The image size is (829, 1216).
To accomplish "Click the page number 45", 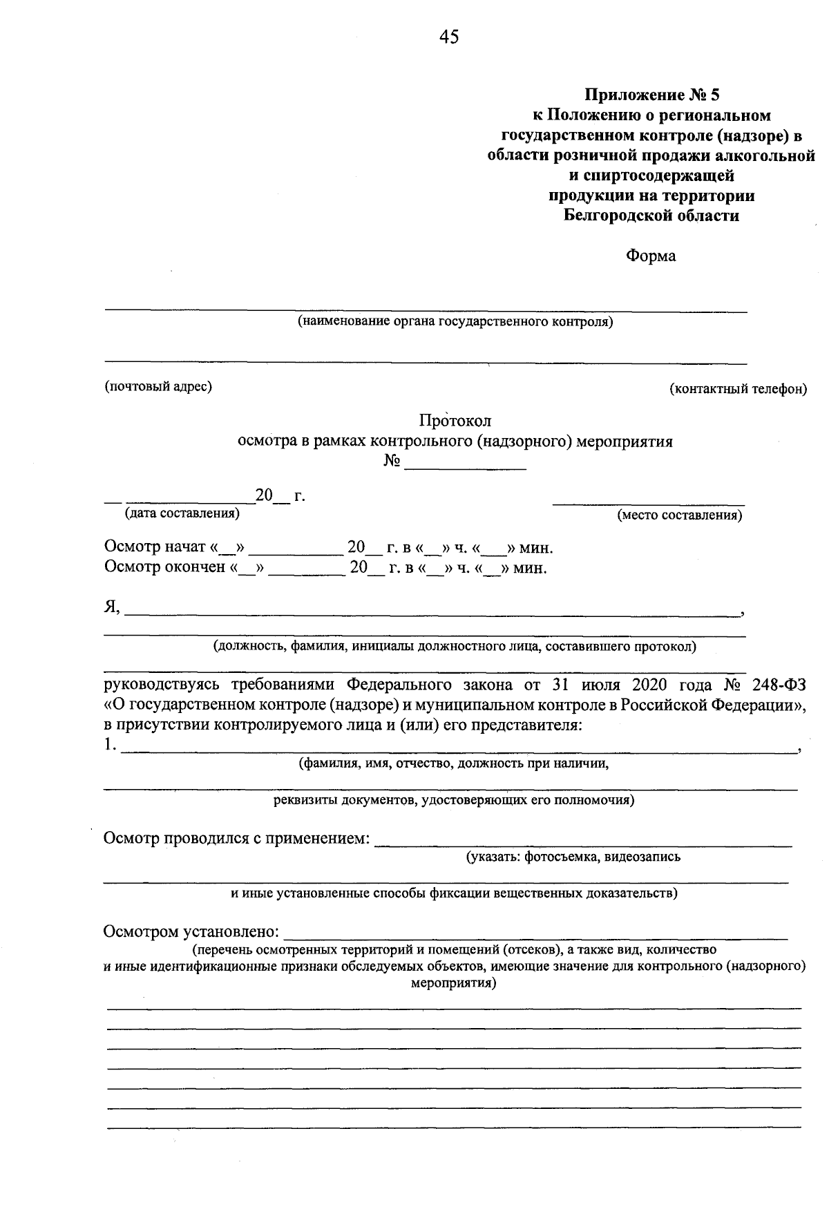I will point(448,37).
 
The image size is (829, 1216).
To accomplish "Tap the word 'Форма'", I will point(651,256).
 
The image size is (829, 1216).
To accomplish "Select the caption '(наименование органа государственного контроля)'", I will point(455,322).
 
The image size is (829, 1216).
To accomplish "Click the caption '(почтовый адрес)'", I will point(158,386).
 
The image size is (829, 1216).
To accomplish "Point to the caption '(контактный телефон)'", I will point(738,389).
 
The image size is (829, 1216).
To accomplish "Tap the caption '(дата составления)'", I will point(182,513).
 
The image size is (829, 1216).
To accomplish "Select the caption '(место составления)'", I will point(680,515).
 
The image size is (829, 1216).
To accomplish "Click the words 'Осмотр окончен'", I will point(164,567).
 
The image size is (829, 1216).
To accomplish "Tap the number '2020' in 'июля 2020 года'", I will point(648,685).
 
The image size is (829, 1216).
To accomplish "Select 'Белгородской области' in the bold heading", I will point(651,216).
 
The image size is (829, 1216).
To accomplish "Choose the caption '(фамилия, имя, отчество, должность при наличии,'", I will point(453,763).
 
